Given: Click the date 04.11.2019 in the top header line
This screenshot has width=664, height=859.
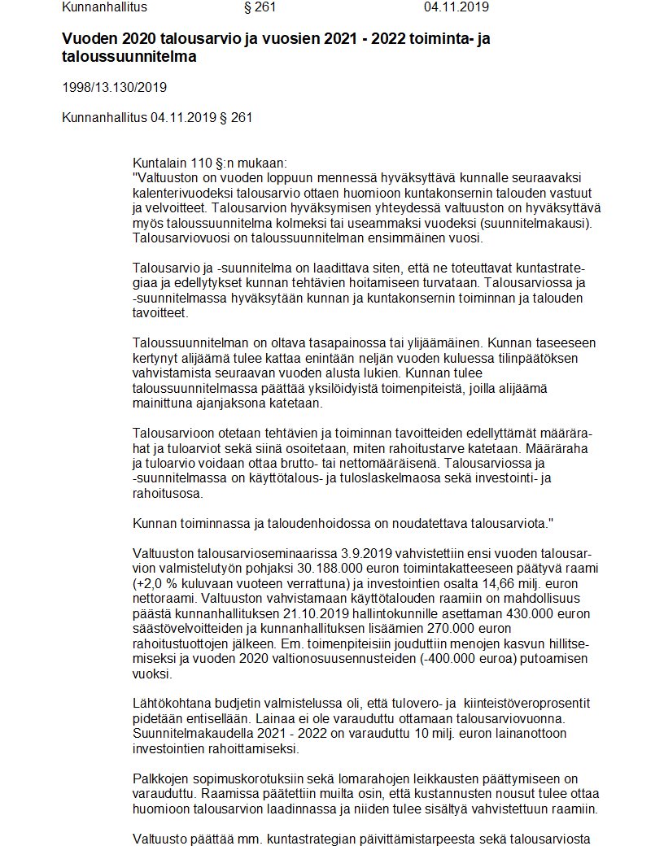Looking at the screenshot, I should (x=456, y=8).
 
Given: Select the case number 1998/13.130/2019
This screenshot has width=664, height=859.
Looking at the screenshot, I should (x=114, y=87).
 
